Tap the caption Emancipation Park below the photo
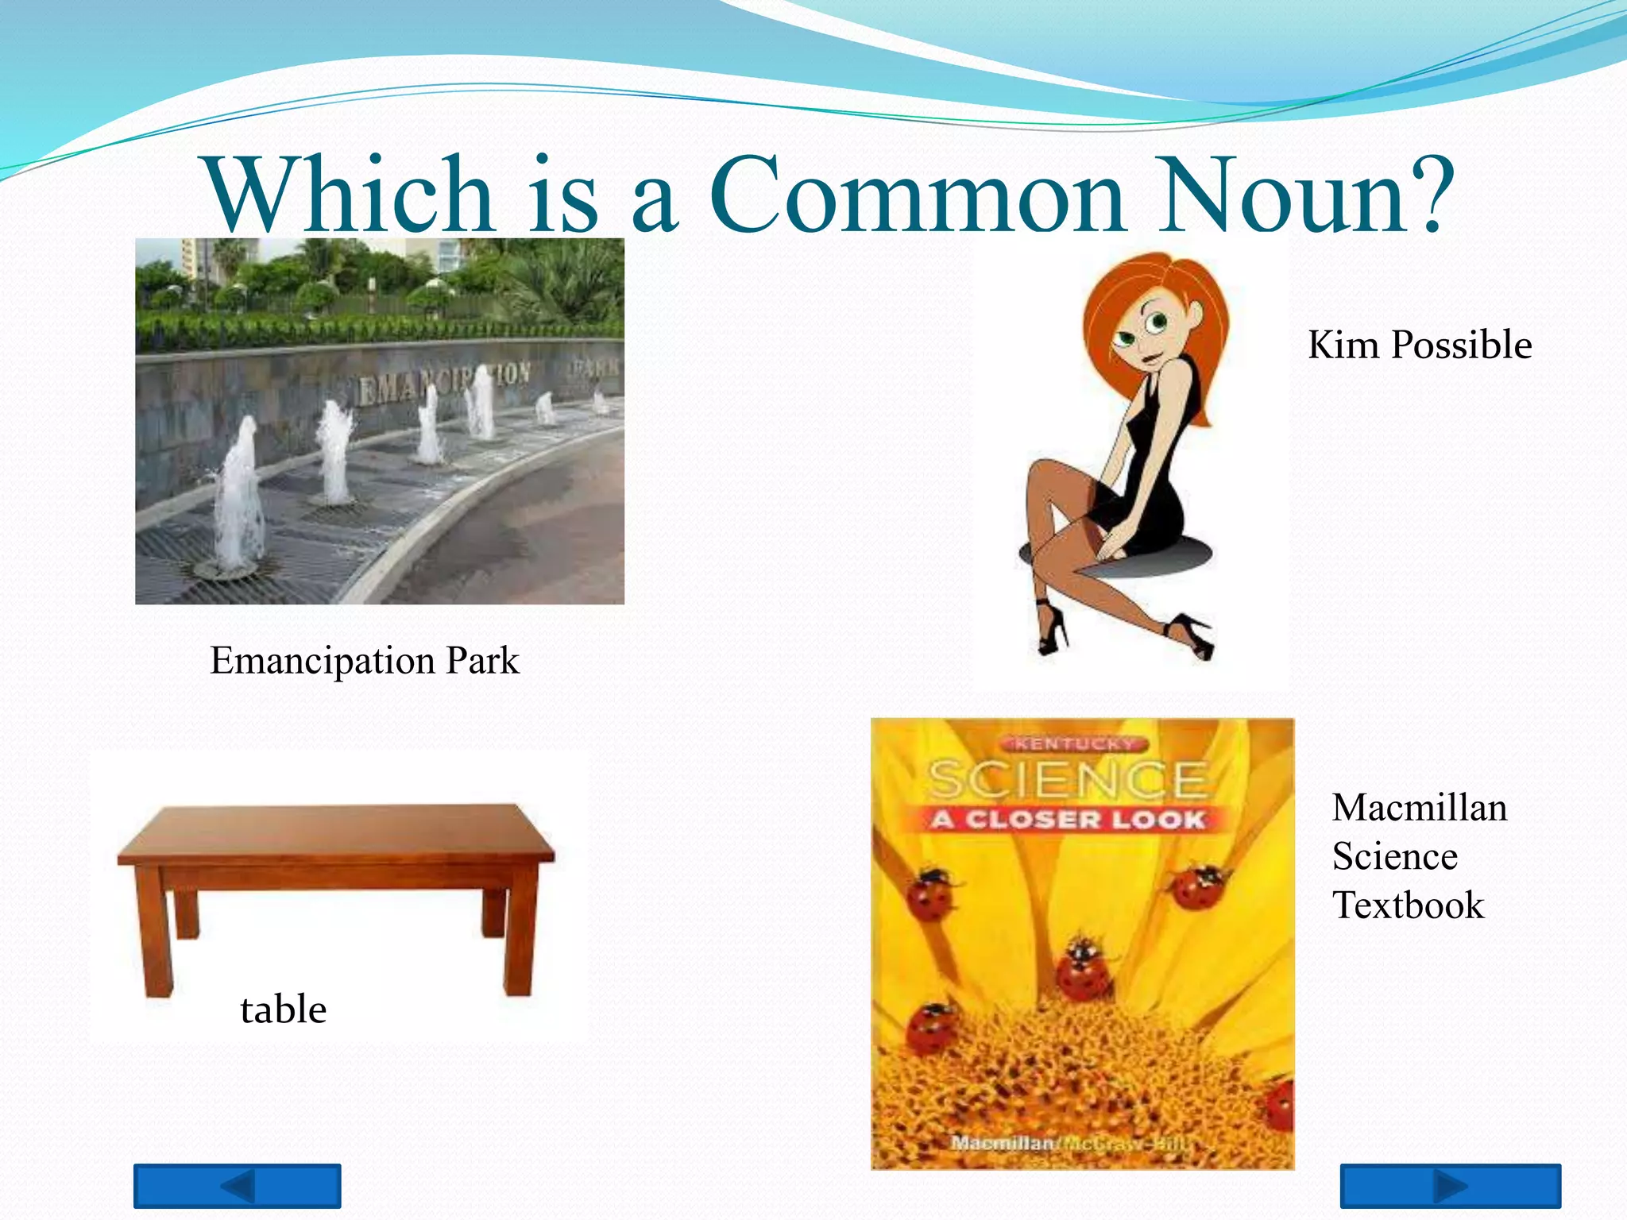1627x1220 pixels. point(364,661)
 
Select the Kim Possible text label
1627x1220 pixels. point(1420,345)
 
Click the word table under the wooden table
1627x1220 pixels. point(283,1010)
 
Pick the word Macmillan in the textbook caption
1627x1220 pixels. point(1420,808)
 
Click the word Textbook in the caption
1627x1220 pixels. point(1408,905)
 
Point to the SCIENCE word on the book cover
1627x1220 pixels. point(1069,779)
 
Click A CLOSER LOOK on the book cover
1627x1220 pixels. point(1069,819)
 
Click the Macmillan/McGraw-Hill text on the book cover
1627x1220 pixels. point(1069,1144)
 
